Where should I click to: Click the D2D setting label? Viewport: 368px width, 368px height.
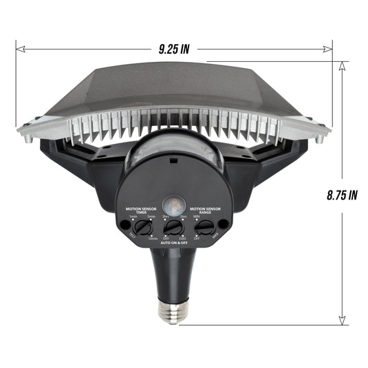click(184, 237)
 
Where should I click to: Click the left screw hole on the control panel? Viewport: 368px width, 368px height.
click(125, 224)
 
